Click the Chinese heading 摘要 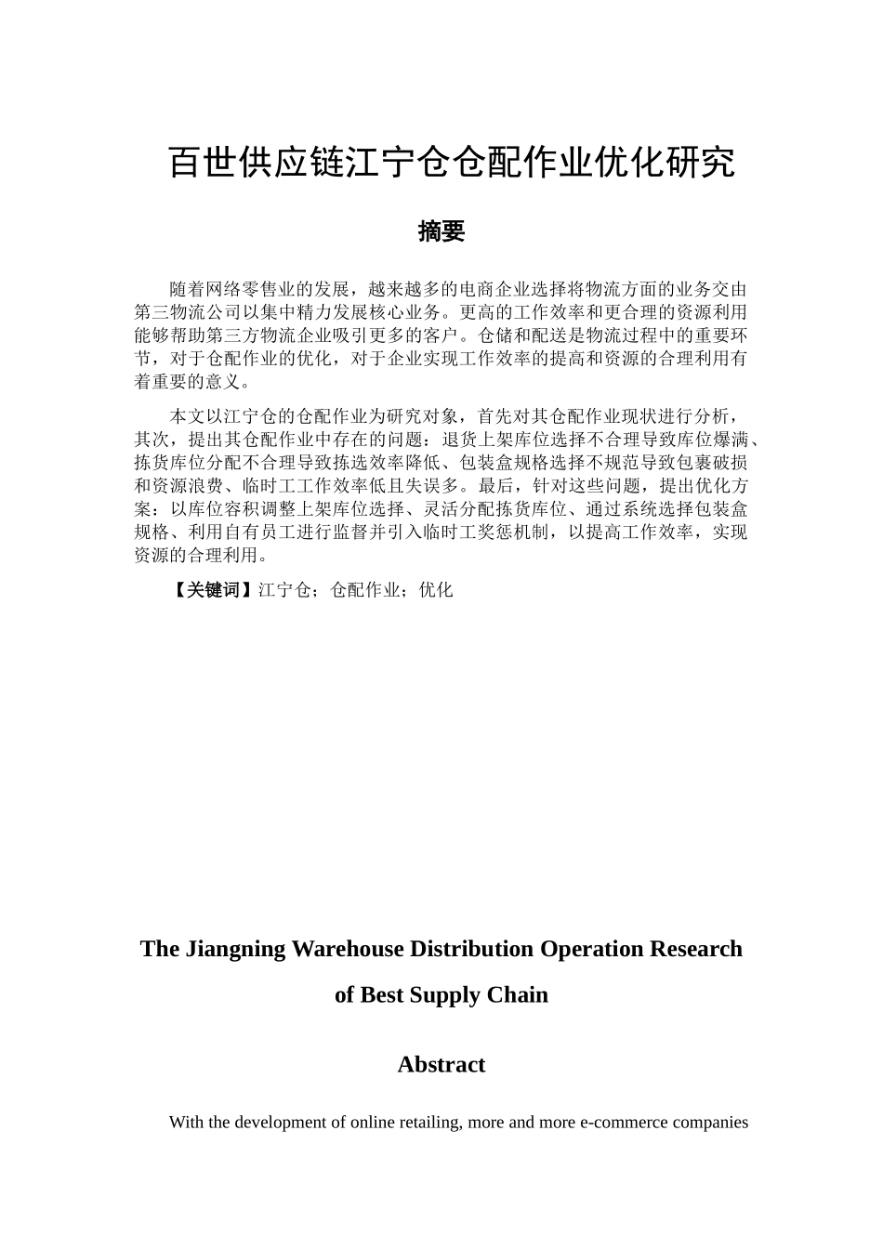441,231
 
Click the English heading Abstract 441,1064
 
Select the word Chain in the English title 520,994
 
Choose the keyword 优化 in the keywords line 436,589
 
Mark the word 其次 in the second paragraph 151,439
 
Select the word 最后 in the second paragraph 494,485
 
